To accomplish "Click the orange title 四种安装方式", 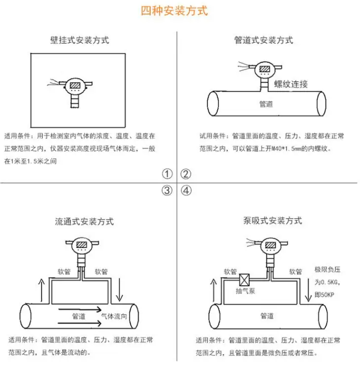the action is pos(175,11).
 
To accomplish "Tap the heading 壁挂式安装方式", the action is pos(80,40).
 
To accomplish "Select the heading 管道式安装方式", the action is pos(264,40).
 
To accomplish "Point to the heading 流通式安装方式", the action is pos(84,221).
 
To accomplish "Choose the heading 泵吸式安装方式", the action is pos(272,221).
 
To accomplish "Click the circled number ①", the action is pos(167,174).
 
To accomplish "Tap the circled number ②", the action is pos(185,174).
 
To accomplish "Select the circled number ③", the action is pos(167,191).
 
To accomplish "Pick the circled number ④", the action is pos(186,191).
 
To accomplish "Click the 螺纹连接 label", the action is pos(291,84).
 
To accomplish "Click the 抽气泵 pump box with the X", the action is pos(244,280).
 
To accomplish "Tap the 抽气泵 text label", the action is pos(245,291).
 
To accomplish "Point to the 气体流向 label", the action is pos(114,317).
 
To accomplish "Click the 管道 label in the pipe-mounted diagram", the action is pos(266,104).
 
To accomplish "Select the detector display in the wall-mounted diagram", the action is pos(75,85).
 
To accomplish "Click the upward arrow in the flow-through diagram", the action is pos(42,290).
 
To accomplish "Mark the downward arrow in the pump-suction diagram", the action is pos(308,290).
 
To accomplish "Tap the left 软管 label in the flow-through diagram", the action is pos(64,271).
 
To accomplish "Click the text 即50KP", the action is pos(324,295).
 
